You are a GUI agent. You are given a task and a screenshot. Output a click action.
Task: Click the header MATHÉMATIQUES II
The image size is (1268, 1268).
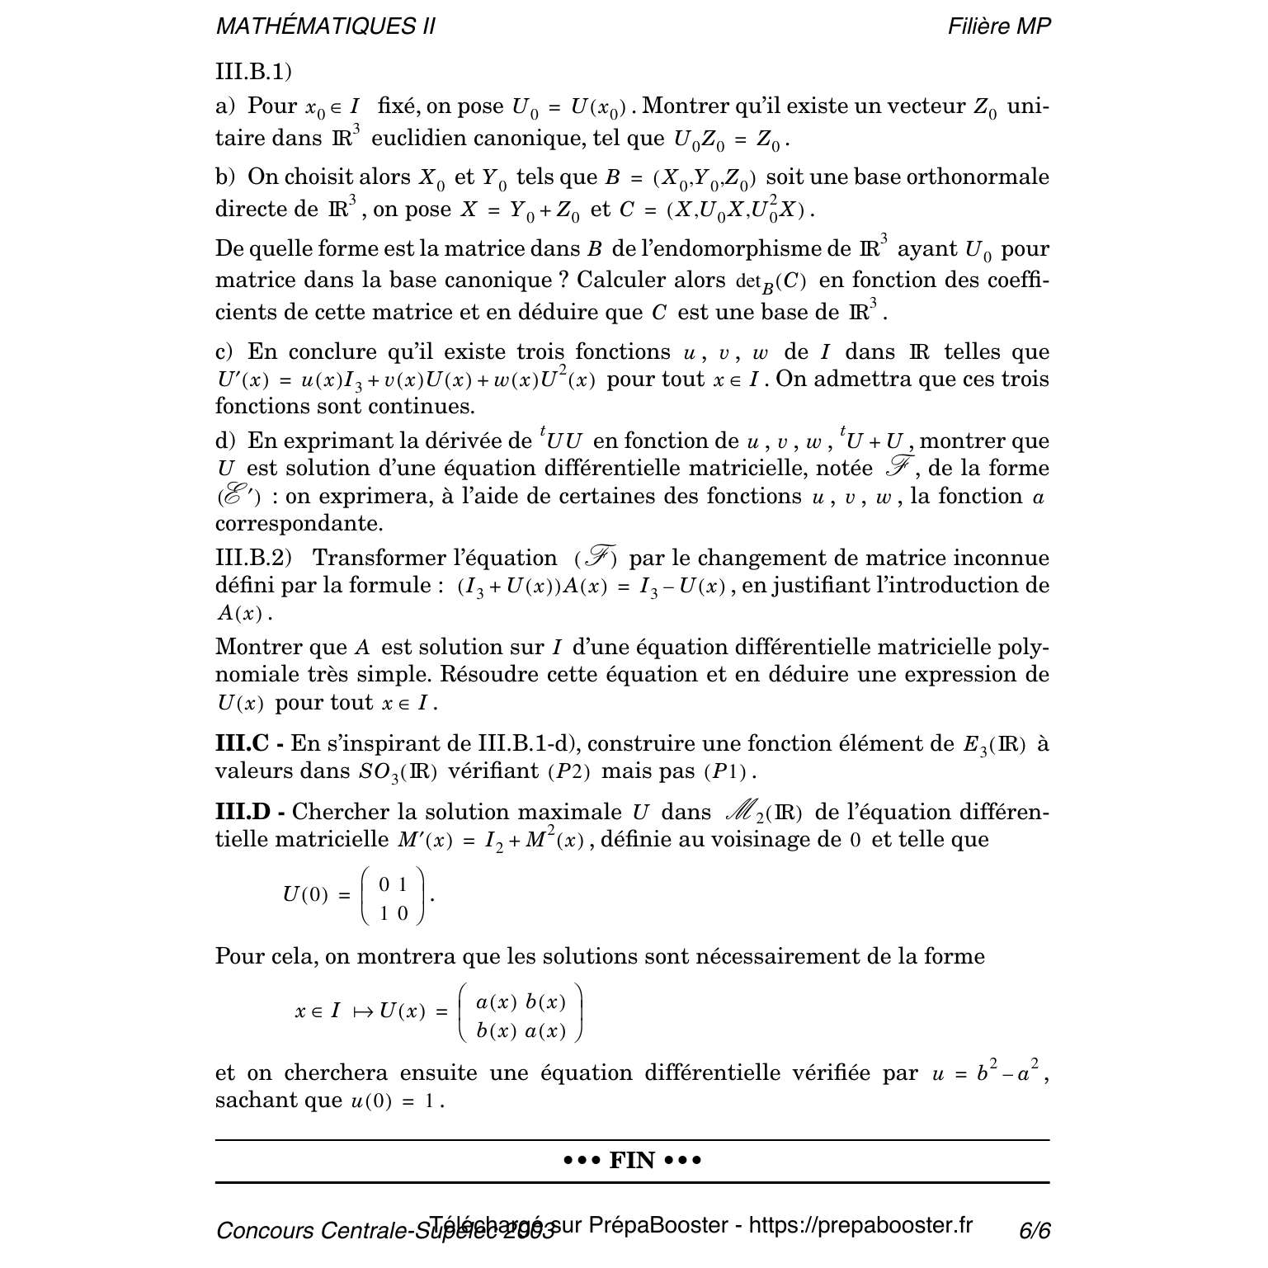point(325,27)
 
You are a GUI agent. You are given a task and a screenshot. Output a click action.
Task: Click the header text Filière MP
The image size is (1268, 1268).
point(999,27)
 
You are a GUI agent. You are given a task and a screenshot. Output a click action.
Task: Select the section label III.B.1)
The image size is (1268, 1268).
point(253,72)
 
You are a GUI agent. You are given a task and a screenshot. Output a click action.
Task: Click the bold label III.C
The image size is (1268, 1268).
point(243,744)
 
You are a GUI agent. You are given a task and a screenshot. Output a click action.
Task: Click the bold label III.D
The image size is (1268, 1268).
point(244,813)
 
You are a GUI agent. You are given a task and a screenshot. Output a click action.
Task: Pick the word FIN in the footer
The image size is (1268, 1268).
point(632,1161)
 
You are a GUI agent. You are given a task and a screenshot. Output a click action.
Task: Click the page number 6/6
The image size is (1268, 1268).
point(1035,1231)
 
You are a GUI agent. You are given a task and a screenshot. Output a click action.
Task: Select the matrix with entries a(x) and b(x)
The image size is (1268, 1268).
point(521,1013)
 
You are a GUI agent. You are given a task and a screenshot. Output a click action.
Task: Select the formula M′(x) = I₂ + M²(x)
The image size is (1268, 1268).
point(492,841)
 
